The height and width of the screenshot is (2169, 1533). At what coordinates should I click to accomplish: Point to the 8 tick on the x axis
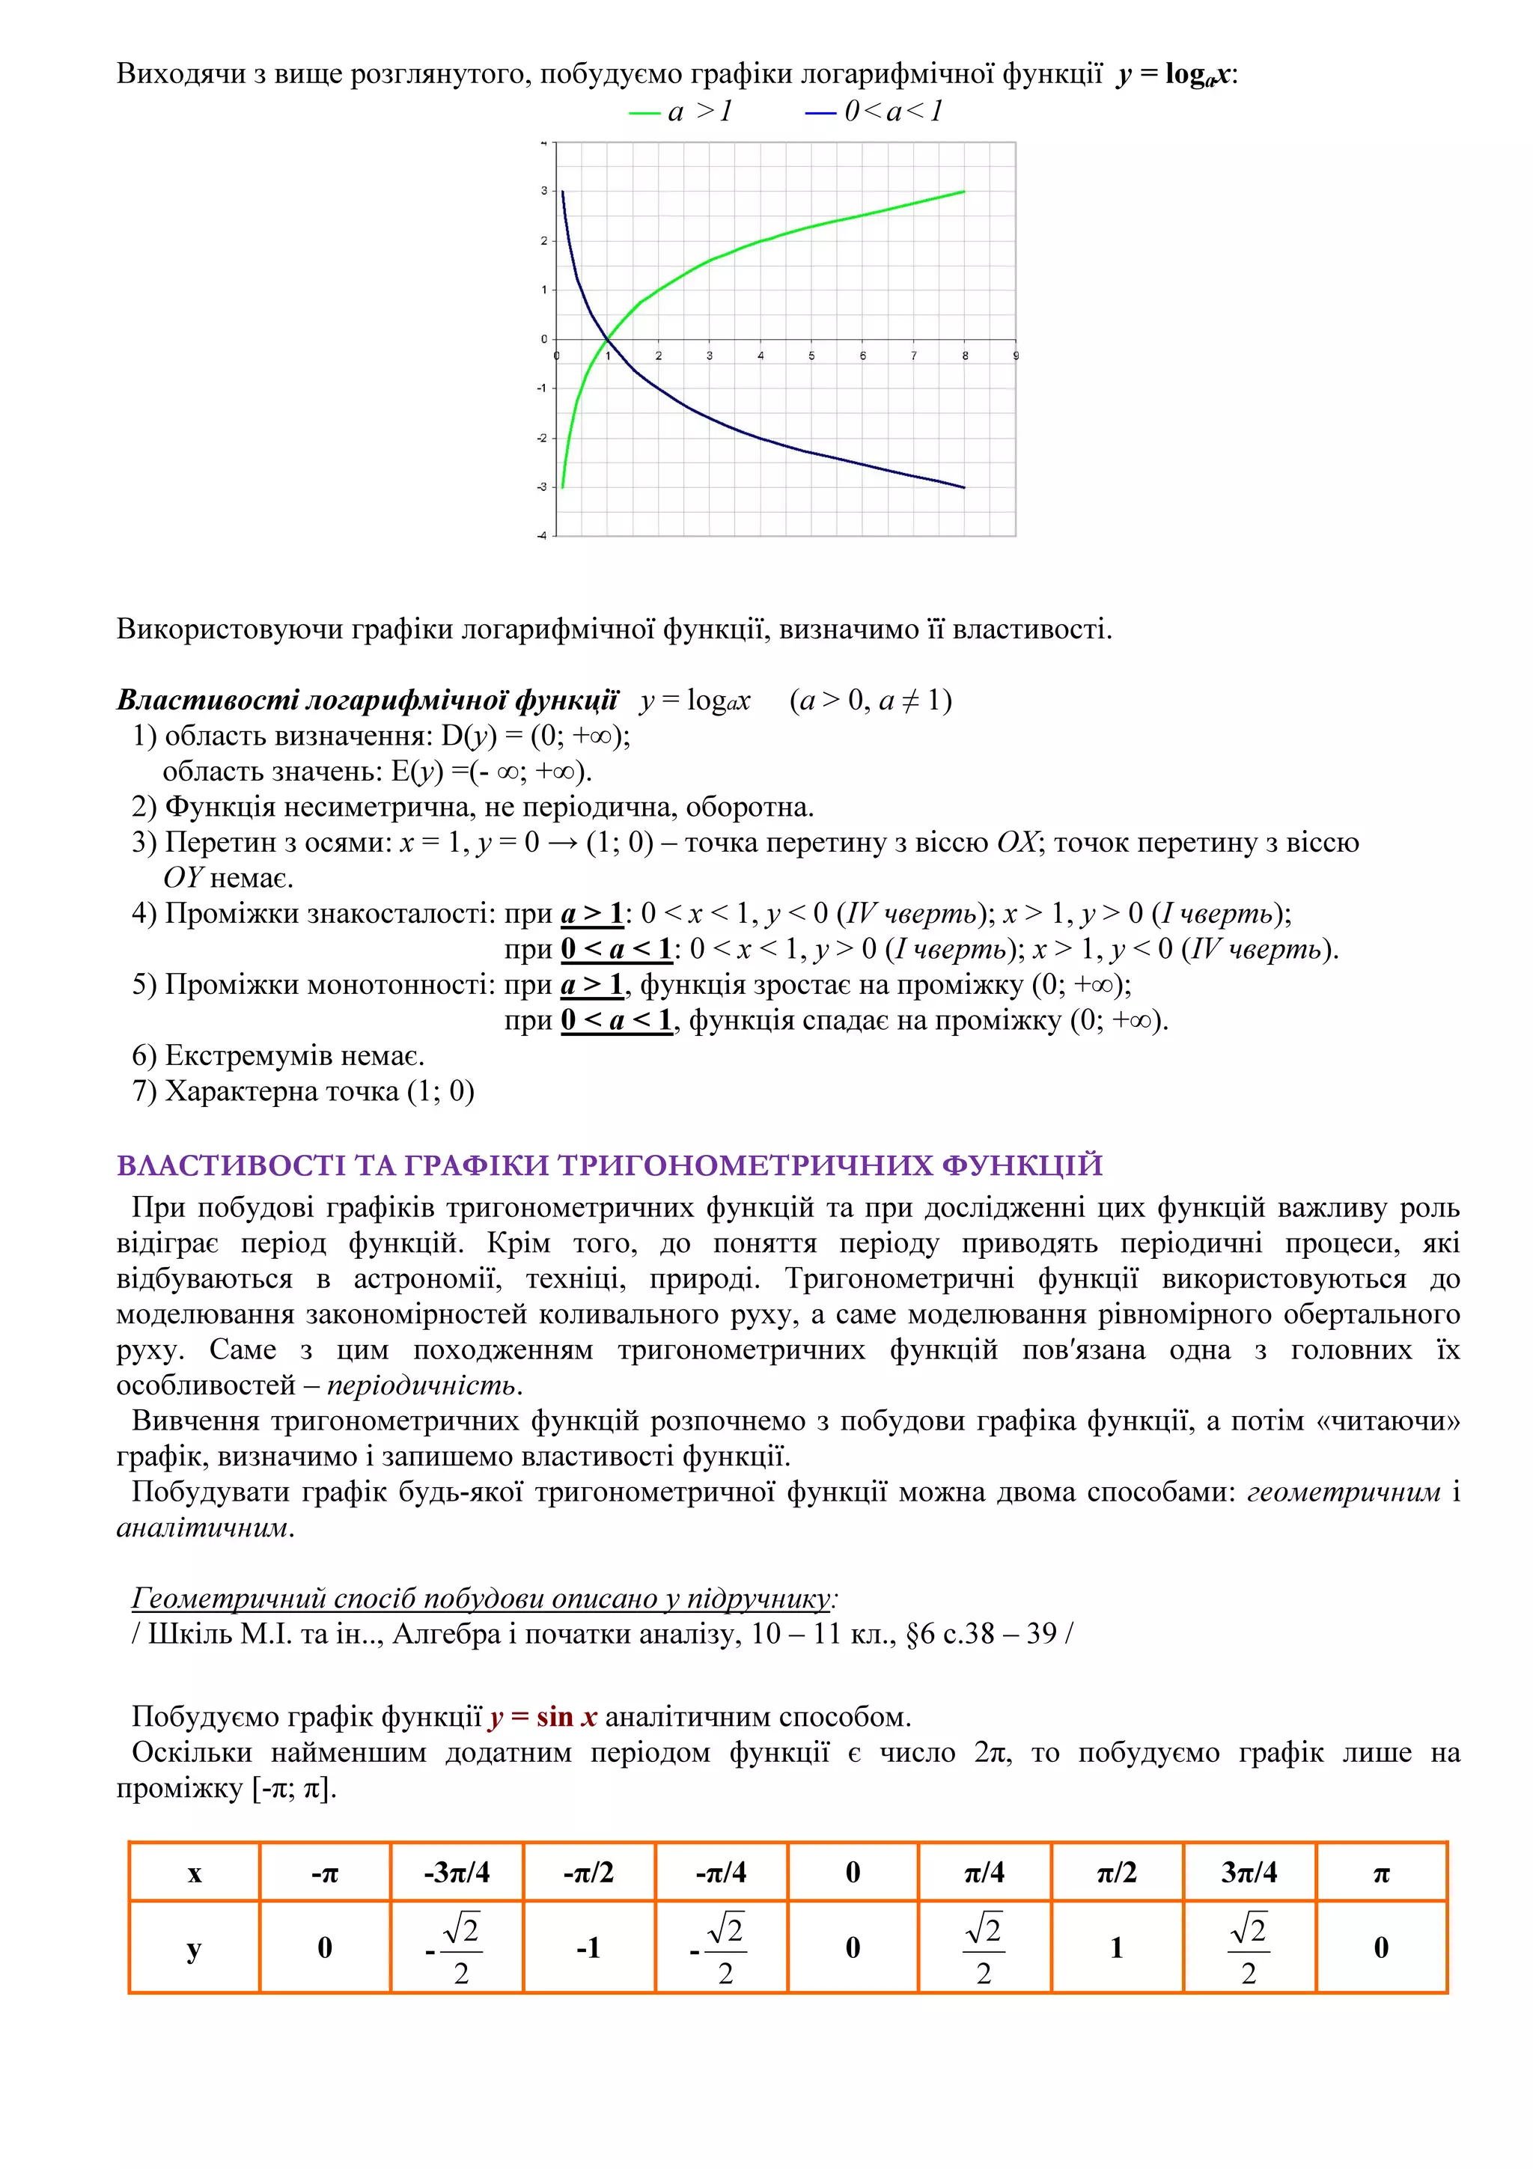pyautogui.click(x=964, y=356)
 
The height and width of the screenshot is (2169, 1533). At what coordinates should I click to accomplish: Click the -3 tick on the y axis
pyautogui.click(x=542, y=487)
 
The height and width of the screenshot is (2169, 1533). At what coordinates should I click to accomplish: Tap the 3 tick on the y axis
pyautogui.click(x=544, y=191)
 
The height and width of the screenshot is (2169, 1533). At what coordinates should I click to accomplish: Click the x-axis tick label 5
pyautogui.click(x=811, y=356)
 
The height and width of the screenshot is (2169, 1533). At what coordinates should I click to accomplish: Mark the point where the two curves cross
pyautogui.click(x=607, y=339)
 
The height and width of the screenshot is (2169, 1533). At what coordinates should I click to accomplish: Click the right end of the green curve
pyautogui.click(x=963, y=192)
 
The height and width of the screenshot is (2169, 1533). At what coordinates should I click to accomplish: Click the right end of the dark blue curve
pyautogui.click(x=963, y=487)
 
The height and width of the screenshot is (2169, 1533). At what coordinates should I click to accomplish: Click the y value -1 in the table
pyautogui.click(x=588, y=1947)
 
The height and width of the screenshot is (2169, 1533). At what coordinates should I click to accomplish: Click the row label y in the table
pyautogui.click(x=194, y=1948)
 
